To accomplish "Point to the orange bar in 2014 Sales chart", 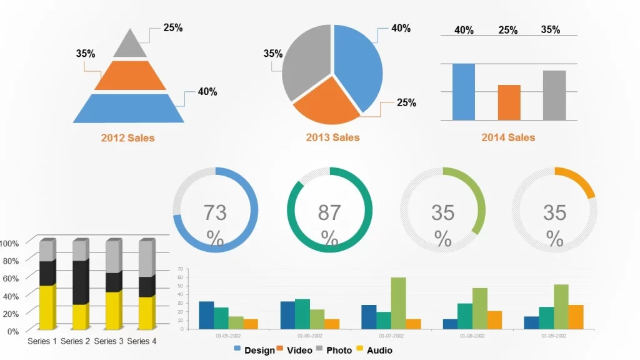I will pos(509,102).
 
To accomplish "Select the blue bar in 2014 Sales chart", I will pos(463,91).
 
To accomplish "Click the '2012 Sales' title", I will pos(127,137).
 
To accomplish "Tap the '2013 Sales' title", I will pos(332,137).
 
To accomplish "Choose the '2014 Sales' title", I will pos(508,137).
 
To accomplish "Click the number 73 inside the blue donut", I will pos(215,213).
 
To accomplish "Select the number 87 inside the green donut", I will pos(329,213).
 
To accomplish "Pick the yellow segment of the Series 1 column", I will pos(47,307).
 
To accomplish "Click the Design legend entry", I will pos(254,350).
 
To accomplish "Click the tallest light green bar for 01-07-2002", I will pos(398,303).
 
